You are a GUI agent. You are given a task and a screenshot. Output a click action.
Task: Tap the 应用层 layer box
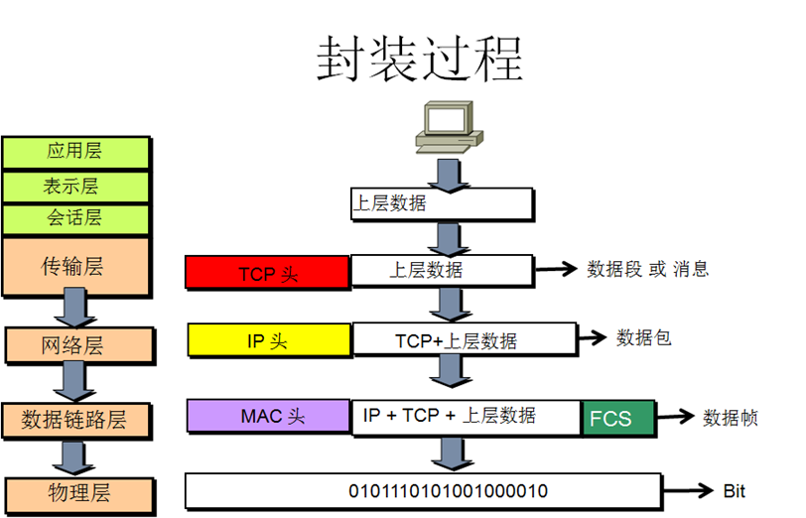pos(75,152)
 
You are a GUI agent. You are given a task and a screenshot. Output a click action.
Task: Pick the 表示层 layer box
pos(75,186)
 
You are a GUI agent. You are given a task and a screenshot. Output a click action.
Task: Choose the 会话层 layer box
pos(75,218)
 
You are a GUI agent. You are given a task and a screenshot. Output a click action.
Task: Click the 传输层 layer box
pos(75,267)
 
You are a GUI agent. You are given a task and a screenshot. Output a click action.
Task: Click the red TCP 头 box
pos(267,273)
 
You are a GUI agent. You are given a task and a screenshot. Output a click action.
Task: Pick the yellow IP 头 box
pos(269,340)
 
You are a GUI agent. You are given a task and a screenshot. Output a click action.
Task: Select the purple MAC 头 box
pos(268,416)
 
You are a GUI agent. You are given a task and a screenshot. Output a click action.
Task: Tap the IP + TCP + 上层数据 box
pos(465,416)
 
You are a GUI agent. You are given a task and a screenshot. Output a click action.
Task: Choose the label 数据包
pos(644,337)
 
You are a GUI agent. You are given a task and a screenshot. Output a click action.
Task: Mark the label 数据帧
pos(731,418)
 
